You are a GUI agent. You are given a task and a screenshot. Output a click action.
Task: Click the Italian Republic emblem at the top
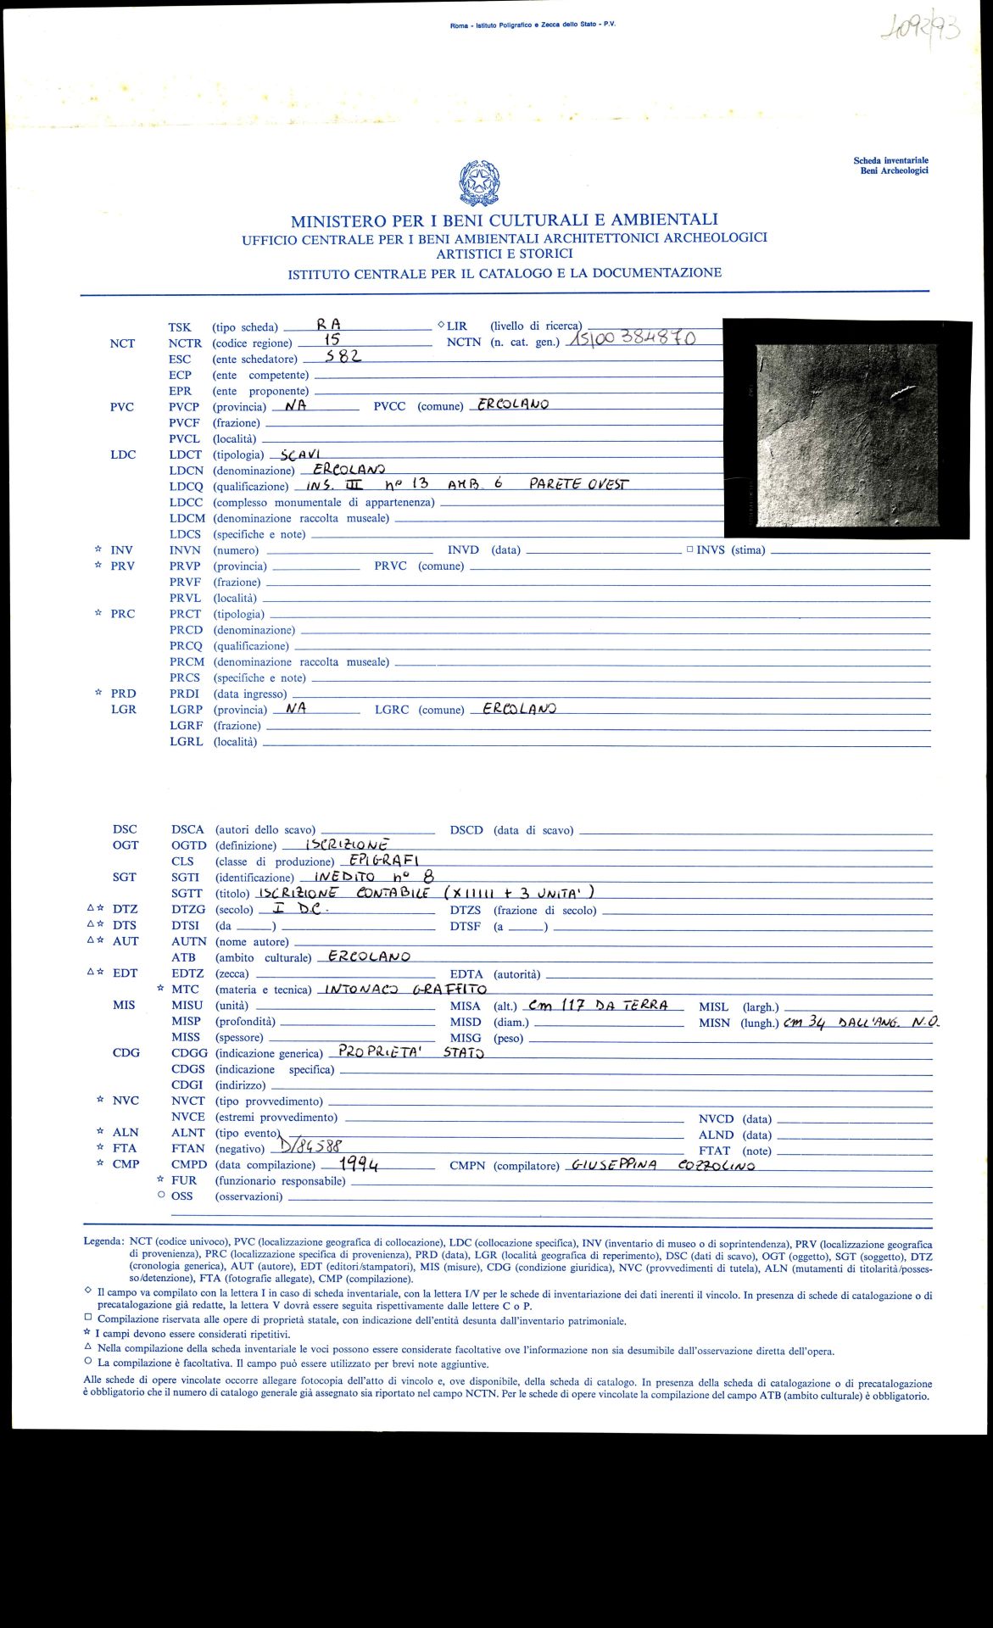[x=479, y=183]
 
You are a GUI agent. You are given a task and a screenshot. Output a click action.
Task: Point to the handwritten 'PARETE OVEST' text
[x=579, y=484]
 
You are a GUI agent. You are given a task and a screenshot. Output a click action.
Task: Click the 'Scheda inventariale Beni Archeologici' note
[x=890, y=165]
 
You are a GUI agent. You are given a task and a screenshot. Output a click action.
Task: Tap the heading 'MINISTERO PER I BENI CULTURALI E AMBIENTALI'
[x=504, y=220]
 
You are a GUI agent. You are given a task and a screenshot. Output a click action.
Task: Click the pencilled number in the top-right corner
[x=920, y=31]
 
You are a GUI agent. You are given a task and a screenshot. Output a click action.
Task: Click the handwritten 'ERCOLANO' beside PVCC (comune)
[x=513, y=404]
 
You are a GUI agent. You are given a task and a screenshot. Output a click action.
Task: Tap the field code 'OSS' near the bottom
[x=181, y=1196]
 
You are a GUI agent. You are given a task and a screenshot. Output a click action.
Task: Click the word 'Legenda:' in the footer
[x=103, y=1241]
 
